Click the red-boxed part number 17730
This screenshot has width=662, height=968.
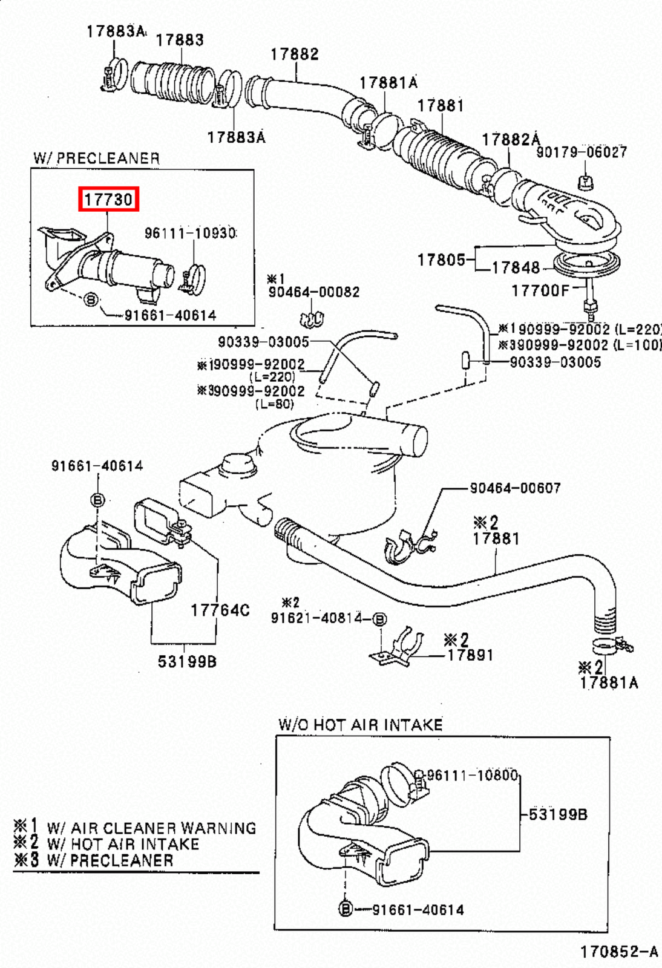click(x=108, y=199)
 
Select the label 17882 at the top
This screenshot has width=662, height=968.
click(x=294, y=54)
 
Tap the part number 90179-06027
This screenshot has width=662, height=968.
click(x=582, y=152)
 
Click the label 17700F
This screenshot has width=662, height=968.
click(x=540, y=291)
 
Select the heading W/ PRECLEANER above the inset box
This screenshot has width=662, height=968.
click(x=97, y=159)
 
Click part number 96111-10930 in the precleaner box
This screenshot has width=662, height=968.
click(x=190, y=233)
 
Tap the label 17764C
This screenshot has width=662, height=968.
click(x=220, y=610)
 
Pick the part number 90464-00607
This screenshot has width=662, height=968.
click(x=515, y=488)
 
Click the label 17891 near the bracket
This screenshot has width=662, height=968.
click(x=470, y=655)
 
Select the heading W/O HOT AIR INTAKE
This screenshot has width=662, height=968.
click(x=361, y=725)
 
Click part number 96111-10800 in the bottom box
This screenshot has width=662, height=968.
click(x=473, y=776)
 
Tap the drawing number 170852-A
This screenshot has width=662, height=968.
click(x=619, y=952)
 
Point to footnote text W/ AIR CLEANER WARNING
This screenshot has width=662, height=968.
click(x=151, y=828)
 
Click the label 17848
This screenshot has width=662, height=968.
click(x=516, y=267)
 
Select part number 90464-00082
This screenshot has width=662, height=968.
click(x=313, y=292)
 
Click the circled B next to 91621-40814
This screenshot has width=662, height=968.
click(x=379, y=619)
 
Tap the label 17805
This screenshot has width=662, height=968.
click(x=441, y=260)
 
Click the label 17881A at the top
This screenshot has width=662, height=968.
click(x=388, y=82)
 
